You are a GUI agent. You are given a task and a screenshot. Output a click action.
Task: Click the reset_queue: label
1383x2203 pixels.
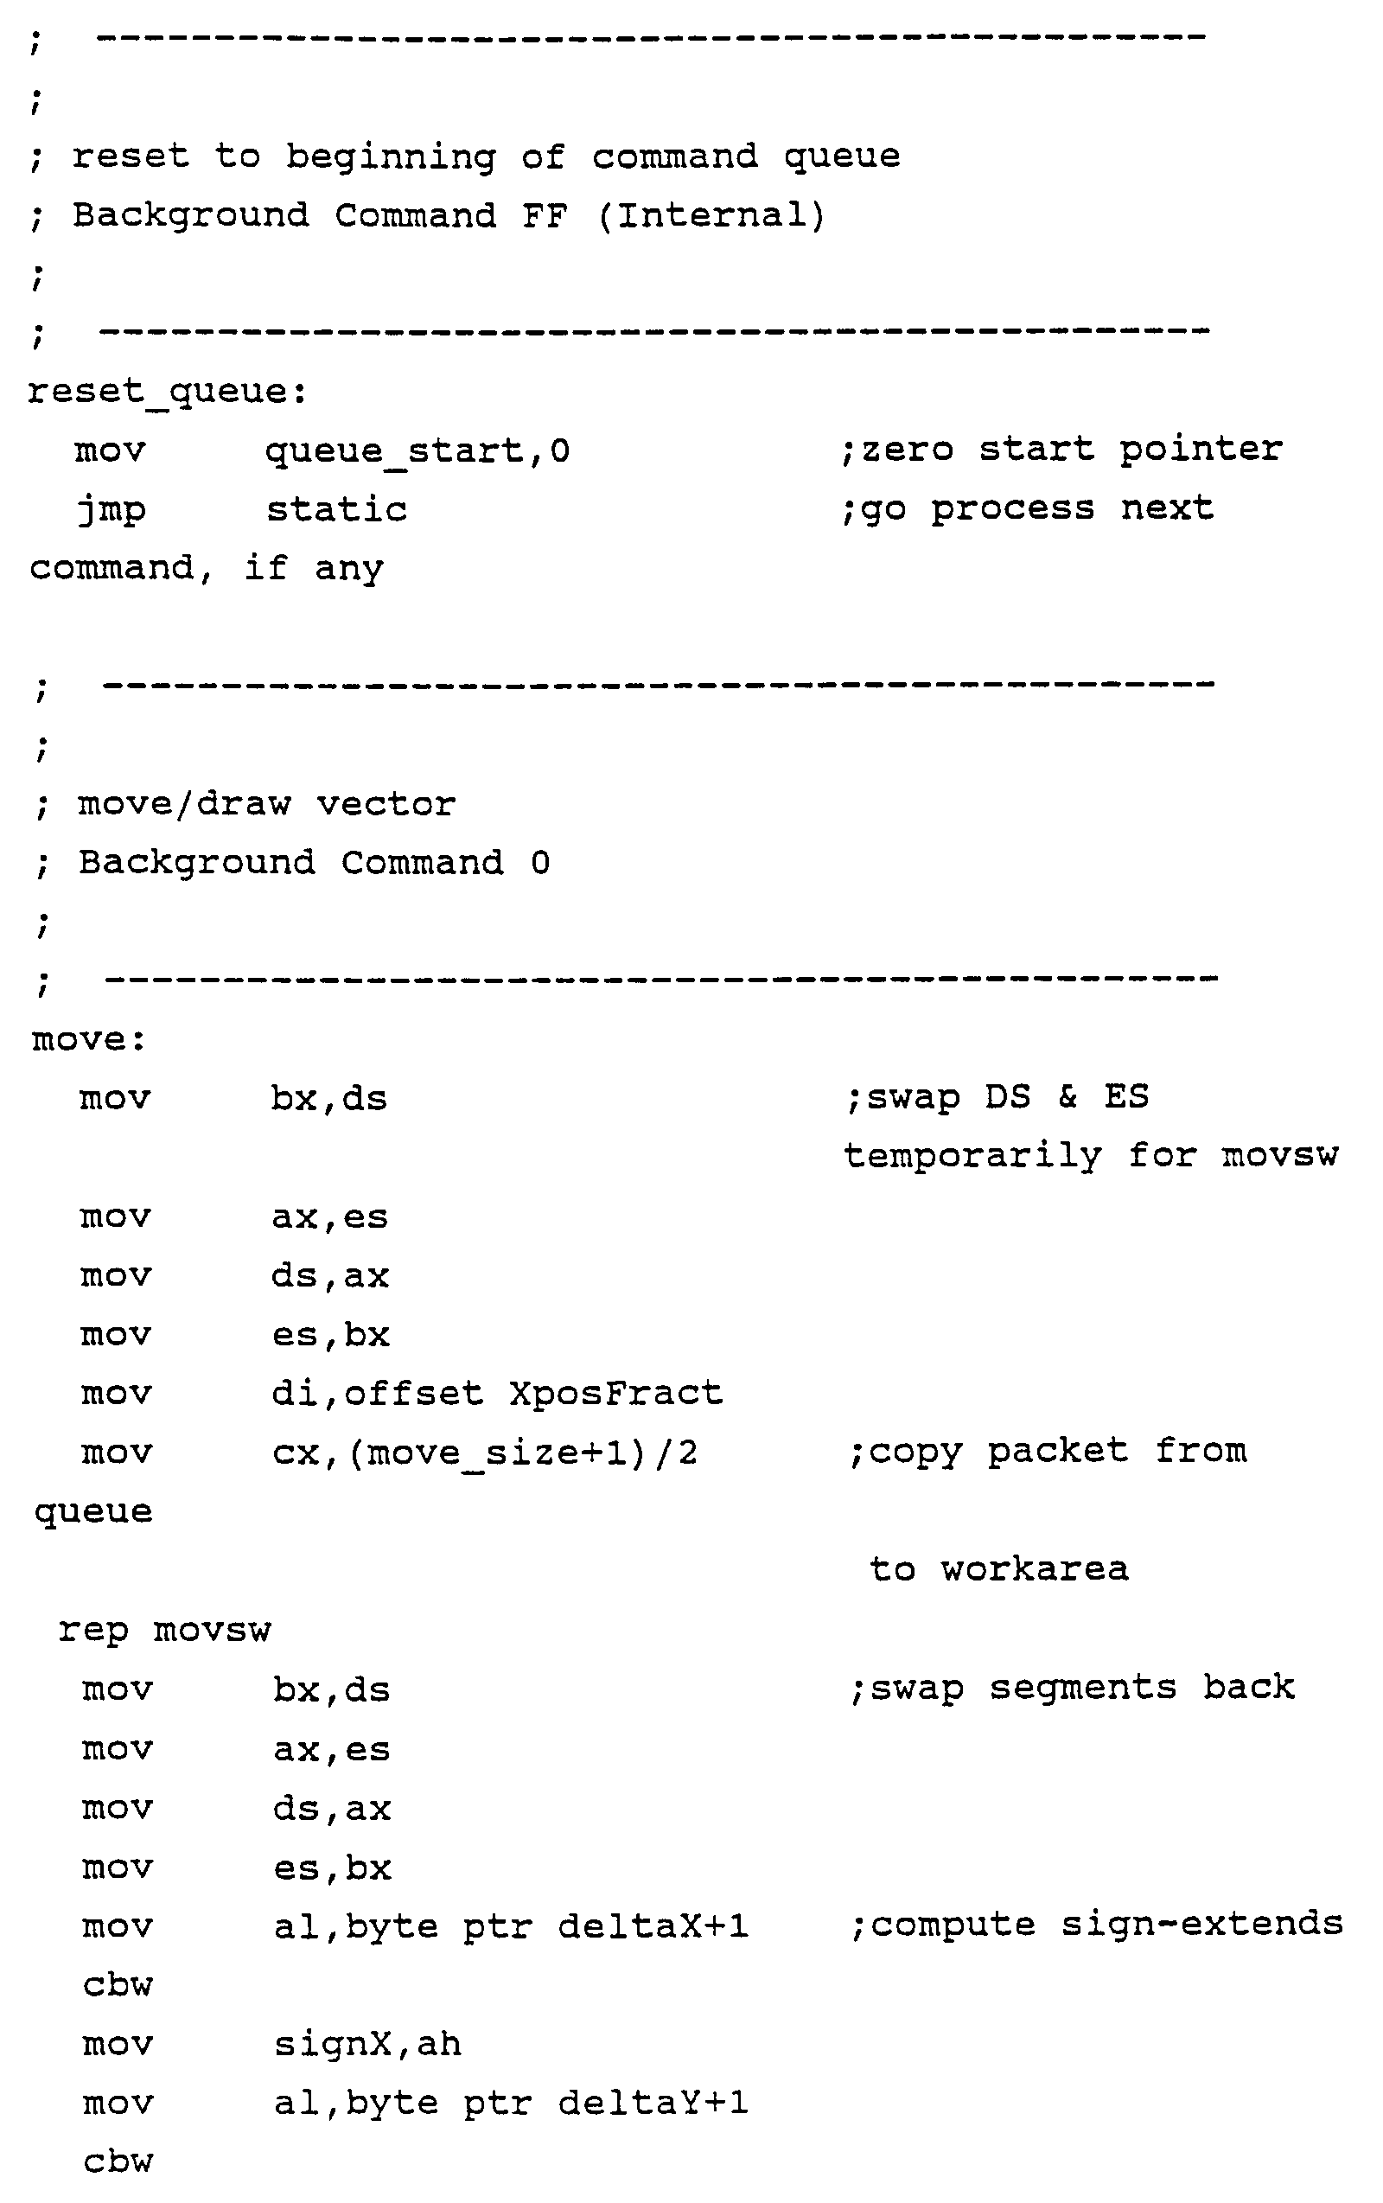(x=168, y=393)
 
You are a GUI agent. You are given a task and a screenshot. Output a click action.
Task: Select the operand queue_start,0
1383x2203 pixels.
(x=417, y=451)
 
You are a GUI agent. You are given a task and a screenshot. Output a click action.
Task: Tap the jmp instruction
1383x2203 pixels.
(x=112, y=510)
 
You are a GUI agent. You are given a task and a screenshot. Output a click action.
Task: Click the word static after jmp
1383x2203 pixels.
(x=336, y=509)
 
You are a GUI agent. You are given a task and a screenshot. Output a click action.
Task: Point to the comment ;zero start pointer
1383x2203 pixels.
(x=1061, y=450)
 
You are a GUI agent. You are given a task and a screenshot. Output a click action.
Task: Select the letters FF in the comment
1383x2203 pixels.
(x=545, y=216)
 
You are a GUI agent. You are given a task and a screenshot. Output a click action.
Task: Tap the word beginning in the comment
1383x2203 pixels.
(x=391, y=157)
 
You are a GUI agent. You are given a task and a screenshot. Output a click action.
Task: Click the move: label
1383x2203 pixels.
(x=89, y=1040)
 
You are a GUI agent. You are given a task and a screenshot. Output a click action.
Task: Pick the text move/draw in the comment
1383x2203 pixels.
(x=184, y=804)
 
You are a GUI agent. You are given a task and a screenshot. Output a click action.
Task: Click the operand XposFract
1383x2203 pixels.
(x=615, y=1394)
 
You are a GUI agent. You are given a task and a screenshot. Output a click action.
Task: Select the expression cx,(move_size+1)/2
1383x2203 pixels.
(x=485, y=1453)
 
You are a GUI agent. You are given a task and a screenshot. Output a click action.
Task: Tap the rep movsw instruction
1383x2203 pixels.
(x=164, y=1630)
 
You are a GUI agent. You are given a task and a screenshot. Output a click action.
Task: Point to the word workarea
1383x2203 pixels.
(x=1035, y=1570)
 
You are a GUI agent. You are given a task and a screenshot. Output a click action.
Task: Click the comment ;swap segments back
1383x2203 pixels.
(x=1072, y=1688)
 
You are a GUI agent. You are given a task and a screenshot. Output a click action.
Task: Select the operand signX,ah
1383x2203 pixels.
(x=367, y=2044)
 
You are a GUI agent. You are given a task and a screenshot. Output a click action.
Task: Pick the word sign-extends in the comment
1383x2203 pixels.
(x=1201, y=1924)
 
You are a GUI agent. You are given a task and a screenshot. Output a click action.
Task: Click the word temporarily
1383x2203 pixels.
(x=973, y=1156)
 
